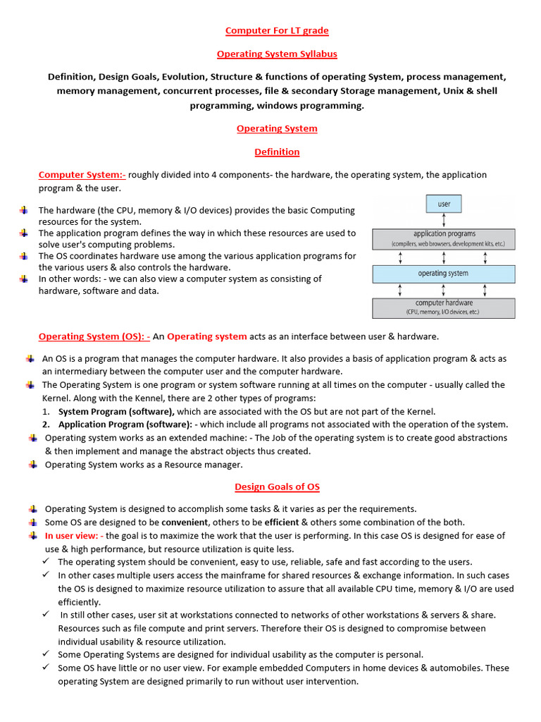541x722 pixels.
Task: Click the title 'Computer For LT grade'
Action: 277,30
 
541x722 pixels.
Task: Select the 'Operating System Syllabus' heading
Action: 277,54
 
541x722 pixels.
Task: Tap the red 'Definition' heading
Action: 277,152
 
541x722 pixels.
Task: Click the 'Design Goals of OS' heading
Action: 277,487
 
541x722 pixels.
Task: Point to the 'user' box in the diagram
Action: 444,204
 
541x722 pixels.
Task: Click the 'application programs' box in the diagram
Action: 444,238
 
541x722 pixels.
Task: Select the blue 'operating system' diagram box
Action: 444,273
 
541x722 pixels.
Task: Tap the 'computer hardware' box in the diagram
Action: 444,307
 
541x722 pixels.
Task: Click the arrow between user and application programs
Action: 444,221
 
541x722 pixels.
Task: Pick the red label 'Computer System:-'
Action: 82,175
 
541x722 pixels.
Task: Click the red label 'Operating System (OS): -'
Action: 94,336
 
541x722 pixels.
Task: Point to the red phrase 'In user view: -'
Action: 74,536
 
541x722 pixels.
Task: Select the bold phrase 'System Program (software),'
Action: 116,412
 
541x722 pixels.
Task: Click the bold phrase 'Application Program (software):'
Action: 125,424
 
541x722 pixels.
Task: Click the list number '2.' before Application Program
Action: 46,424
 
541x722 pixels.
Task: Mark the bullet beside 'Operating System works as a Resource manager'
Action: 32,465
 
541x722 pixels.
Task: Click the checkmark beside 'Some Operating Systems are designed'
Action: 46,654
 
